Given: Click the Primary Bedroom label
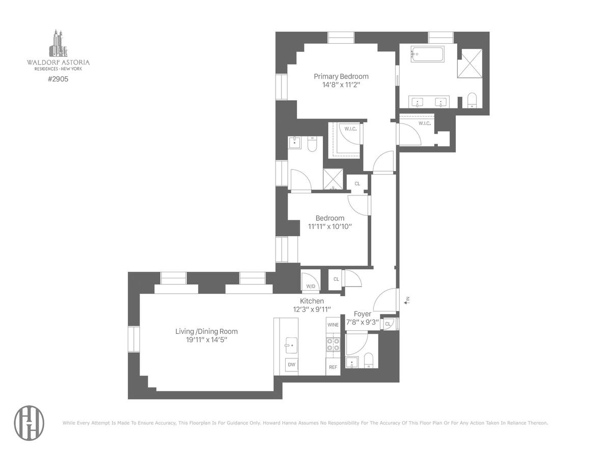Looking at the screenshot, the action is pos(341,76).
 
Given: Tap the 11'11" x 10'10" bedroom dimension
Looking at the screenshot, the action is pos(330,226).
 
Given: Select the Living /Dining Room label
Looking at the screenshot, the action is pos(206,331).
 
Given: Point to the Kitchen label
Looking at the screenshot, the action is pos(312,301).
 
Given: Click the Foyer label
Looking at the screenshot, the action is pos(363,314).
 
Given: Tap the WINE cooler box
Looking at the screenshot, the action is pos(333,325).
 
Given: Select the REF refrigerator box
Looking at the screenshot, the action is pos(333,367).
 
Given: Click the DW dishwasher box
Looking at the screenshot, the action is pos(291,364).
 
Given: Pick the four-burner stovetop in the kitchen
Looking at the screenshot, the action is pos(333,345).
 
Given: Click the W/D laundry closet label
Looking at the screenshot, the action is pos(311,286).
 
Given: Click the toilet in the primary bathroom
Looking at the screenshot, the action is pos(472,100).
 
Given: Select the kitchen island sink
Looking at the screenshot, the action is pos(291,345).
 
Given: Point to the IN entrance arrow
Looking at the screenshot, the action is pos(407,300).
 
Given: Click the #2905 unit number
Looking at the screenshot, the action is pos(58,79).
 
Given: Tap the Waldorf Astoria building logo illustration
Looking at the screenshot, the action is pos(58,43).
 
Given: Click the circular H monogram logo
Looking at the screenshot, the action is pos(29,423).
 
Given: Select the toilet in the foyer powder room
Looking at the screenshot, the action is pos(369,360).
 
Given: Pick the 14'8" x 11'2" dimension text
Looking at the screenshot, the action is pos(341,85).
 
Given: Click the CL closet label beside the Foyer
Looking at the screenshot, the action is pos(387,324).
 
